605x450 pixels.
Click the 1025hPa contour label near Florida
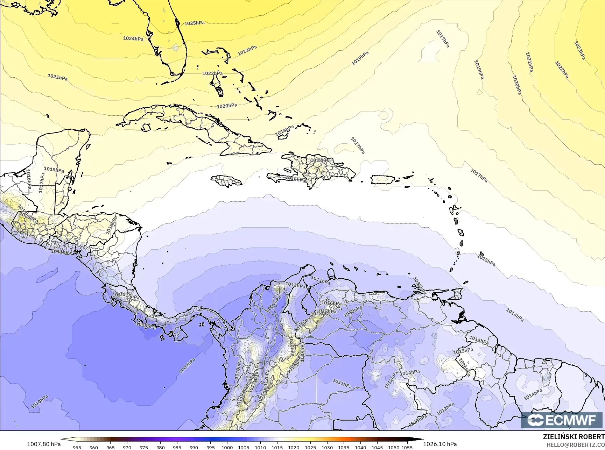click(x=195, y=23)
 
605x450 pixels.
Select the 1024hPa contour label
click(x=133, y=38)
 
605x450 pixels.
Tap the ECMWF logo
click(x=562, y=420)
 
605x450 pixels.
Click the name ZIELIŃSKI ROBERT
click(x=574, y=437)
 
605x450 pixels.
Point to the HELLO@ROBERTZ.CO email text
click(x=576, y=444)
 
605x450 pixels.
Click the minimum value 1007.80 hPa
click(x=44, y=444)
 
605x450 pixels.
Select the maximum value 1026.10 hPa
click(x=440, y=444)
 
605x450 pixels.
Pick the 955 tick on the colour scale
click(x=77, y=447)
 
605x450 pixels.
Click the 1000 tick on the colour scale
click(x=227, y=447)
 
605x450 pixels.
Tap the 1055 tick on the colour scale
click(x=407, y=447)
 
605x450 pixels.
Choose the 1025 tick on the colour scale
click(x=310, y=447)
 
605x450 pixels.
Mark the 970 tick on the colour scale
click(x=127, y=447)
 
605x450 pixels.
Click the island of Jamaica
click(x=226, y=181)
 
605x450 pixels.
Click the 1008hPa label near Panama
click(x=146, y=326)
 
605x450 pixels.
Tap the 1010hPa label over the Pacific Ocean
click(x=40, y=402)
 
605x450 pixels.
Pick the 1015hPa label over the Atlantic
click(x=486, y=260)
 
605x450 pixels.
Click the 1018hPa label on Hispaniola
click(x=320, y=160)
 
